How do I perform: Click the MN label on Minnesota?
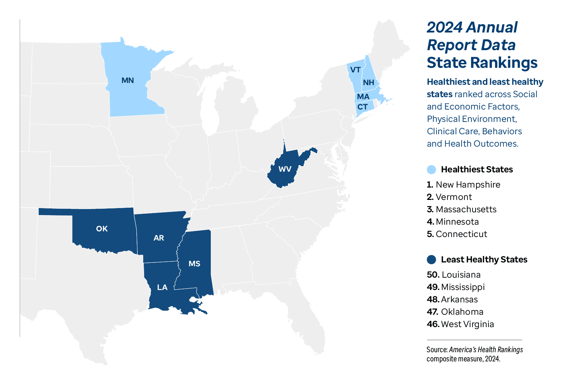click(127, 81)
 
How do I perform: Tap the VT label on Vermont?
click(355, 70)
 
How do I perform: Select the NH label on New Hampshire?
click(368, 83)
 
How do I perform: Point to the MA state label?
click(363, 97)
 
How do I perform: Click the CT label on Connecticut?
click(363, 107)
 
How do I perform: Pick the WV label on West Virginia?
click(285, 169)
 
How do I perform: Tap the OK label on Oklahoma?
click(102, 229)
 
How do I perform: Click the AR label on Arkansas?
click(159, 238)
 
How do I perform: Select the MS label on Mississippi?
click(194, 264)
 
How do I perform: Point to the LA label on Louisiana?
click(162, 288)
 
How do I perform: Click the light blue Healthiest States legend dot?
click(431, 170)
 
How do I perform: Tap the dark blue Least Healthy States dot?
click(431, 260)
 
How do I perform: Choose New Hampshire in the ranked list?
click(468, 185)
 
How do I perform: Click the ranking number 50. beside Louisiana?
click(433, 275)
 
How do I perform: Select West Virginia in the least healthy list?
click(468, 324)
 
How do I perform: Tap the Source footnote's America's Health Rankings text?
click(486, 350)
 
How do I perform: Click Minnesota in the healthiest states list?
click(457, 222)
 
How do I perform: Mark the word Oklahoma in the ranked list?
click(462, 312)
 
